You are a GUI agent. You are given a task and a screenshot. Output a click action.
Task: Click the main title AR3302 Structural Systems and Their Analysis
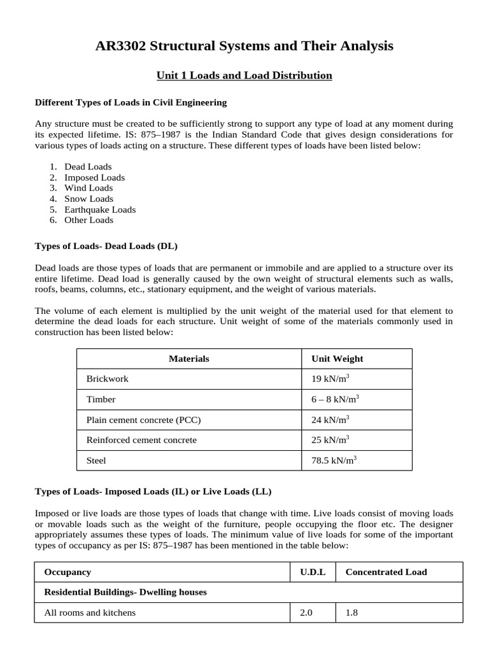[244, 46]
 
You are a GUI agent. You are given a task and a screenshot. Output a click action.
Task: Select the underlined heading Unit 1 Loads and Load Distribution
[244, 76]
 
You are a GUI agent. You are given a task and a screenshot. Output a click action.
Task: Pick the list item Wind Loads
[89, 188]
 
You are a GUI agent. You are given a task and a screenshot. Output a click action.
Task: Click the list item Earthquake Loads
[100, 209]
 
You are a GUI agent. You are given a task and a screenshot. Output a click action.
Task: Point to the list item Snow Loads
[89, 199]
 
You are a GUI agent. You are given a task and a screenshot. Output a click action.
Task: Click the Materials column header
[189, 358]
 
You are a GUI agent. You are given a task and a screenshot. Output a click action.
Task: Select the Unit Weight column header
[337, 358]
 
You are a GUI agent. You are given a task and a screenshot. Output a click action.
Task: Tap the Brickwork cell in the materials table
[108, 379]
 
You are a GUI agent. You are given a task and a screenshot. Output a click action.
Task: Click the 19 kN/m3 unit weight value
[330, 379]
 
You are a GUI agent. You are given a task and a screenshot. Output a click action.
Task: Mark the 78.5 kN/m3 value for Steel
[333, 460]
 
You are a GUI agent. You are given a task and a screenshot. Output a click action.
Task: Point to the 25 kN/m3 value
[330, 440]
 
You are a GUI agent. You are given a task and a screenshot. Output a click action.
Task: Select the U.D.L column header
[313, 572]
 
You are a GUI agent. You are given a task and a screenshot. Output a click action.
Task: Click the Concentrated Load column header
[386, 572]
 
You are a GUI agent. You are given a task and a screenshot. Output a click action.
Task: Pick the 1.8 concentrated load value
[351, 613]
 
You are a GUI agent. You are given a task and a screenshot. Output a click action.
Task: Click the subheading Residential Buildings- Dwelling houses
[125, 592]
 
